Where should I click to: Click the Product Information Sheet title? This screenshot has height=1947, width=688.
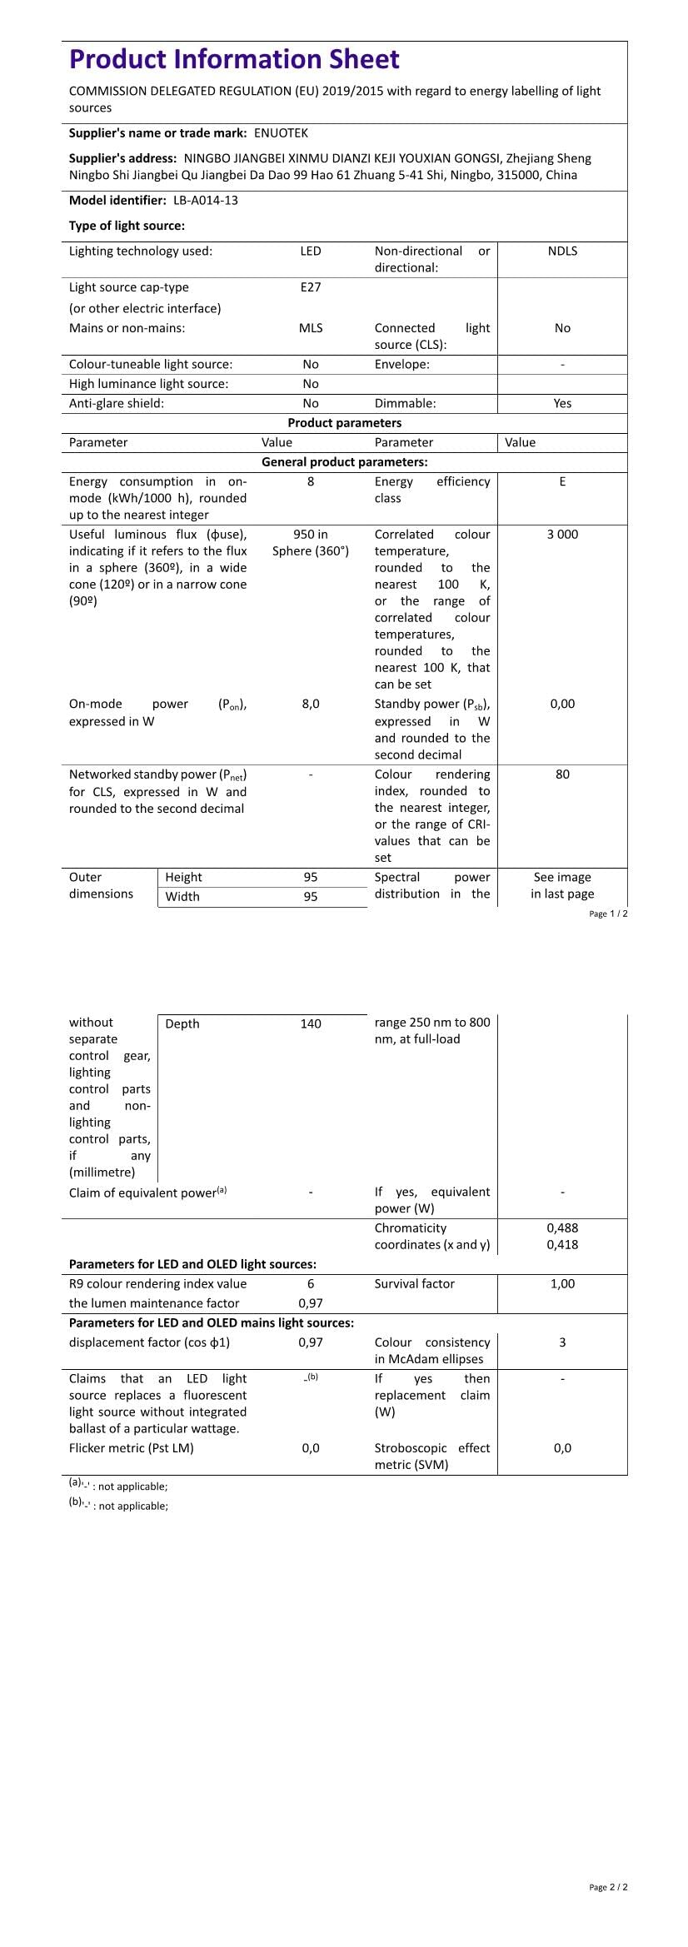[x=234, y=59]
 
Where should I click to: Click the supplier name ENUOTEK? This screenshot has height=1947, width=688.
[x=281, y=133]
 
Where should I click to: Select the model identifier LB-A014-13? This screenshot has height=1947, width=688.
[x=206, y=201]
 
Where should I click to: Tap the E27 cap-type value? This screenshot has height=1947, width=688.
[x=311, y=287]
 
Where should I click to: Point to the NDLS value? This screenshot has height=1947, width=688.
[x=562, y=251]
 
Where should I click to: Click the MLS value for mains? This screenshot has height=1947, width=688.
[x=311, y=328]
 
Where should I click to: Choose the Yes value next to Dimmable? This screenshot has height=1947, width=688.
[x=562, y=404]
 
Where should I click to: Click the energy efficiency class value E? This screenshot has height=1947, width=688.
[x=562, y=482]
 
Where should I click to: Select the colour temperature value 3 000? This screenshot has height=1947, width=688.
[x=562, y=535]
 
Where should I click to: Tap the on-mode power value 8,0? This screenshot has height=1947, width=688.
[x=311, y=705]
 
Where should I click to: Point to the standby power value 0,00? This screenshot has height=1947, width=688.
[x=562, y=705]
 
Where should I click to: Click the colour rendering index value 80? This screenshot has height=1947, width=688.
[x=562, y=774]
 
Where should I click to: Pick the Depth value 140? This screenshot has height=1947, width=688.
[x=311, y=1024]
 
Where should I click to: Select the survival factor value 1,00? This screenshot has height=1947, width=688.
[x=562, y=1284]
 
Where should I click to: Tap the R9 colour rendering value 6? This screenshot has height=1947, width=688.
[x=311, y=1284]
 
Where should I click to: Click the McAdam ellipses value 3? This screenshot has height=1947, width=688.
[x=562, y=1342]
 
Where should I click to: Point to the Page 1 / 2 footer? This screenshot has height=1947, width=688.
[x=608, y=914]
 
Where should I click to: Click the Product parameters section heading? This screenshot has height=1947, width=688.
[x=344, y=423]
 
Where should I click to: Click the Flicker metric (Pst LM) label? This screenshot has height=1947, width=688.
[x=132, y=1448]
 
